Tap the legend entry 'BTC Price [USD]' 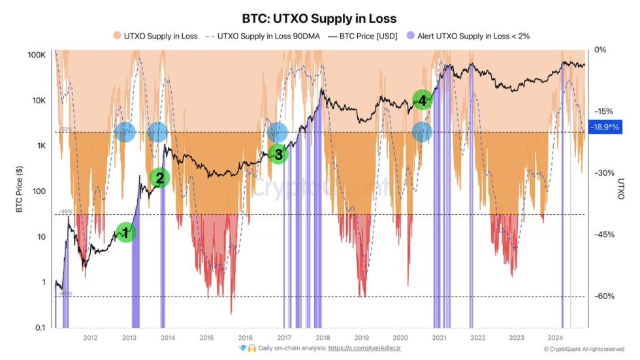[x=365, y=36]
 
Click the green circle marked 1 [x=126, y=231]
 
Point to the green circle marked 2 [x=159, y=178]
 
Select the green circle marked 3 [x=278, y=154]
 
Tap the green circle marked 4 [x=423, y=100]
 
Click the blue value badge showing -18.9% [x=604, y=128]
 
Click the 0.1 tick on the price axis [x=40, y=327]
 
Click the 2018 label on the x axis [x=322, y=338]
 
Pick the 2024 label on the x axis [x=554, y=338]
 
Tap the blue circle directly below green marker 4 [x=423, y=132]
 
